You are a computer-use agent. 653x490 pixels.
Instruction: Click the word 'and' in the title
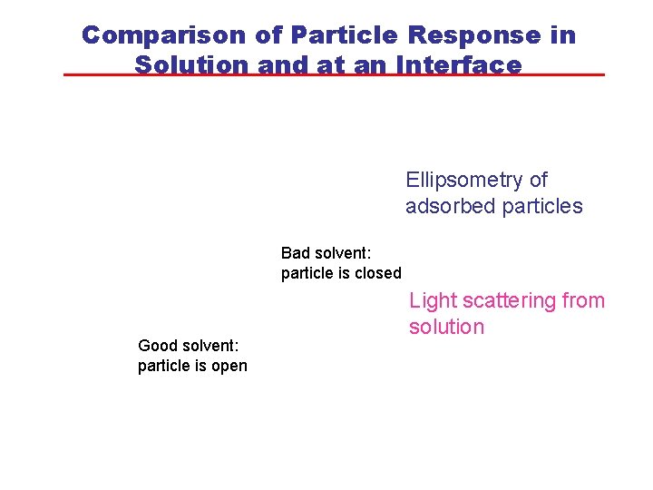point(282,65)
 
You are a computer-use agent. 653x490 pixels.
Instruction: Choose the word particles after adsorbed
point(541,206)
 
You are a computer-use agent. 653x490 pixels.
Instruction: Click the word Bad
point(296,252)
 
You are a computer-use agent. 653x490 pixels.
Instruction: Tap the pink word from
point(585,301)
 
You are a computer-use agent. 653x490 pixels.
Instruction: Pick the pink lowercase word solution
point(446,327)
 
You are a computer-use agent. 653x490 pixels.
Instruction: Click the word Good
point(157,345)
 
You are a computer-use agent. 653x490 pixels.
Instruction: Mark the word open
point(228,366)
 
